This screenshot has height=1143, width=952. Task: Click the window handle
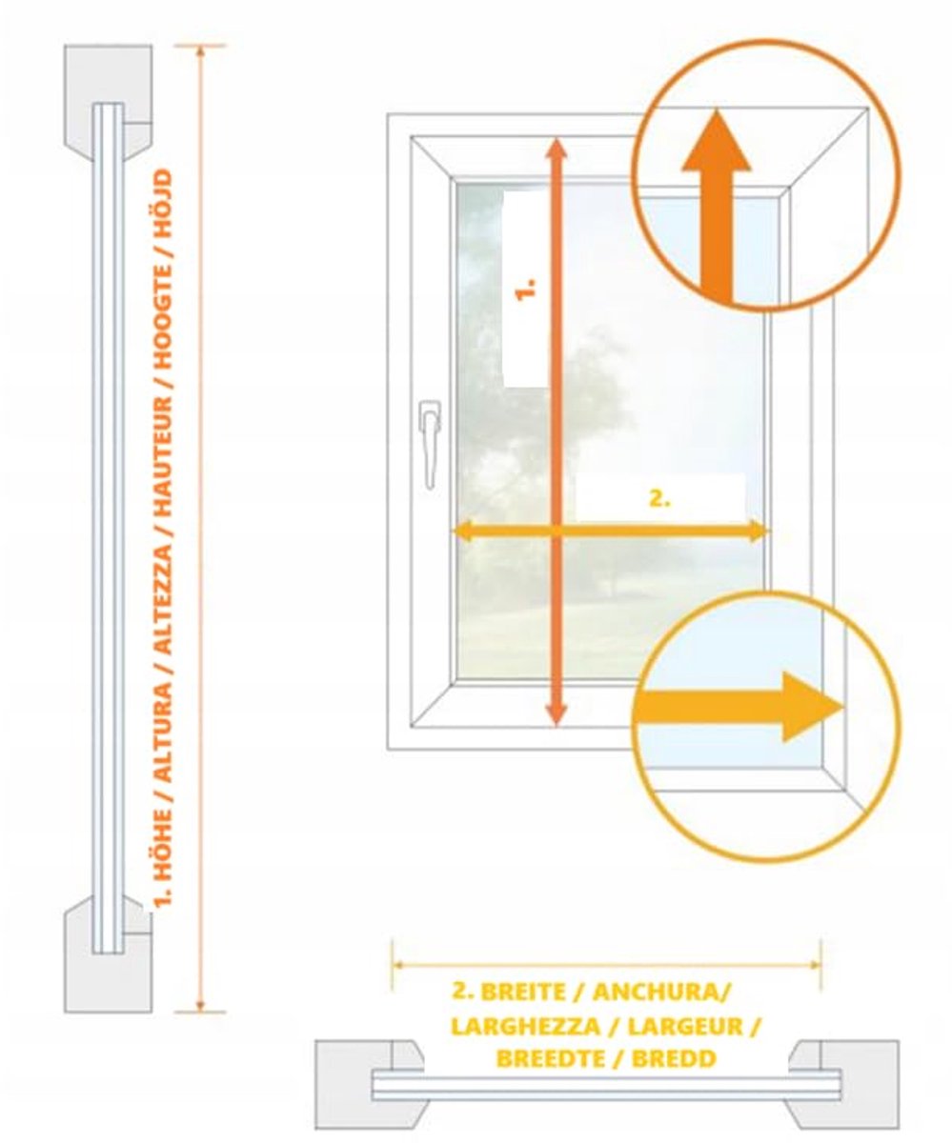tap(429, 445)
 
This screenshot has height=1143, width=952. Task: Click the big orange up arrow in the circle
tap(716, 206)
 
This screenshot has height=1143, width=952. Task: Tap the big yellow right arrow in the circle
tap(739, 707)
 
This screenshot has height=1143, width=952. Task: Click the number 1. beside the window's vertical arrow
tap(525, 289)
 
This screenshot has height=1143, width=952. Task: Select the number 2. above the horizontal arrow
tap(659, 499)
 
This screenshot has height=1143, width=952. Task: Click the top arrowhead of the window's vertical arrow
tap(557, 148)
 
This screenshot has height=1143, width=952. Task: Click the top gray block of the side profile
tap(108, 102)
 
